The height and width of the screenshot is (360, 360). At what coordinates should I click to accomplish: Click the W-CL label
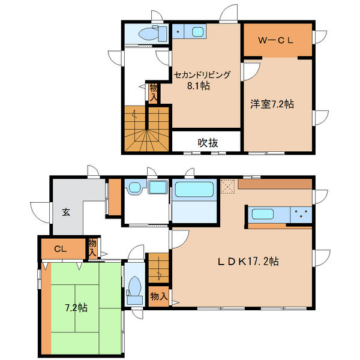[275, 40]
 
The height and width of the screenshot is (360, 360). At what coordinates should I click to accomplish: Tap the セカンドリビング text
[202, 75]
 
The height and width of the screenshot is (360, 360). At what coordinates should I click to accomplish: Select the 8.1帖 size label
[199, 86]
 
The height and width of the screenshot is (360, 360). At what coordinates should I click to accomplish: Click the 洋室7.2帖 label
[272, 104]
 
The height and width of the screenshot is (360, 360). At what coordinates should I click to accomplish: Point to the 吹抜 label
[208, 143]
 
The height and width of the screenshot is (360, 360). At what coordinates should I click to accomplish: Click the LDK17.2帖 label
[248, 261]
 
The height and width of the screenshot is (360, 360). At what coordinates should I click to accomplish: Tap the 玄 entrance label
[66, 212]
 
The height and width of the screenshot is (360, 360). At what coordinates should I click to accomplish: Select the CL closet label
[61, 248]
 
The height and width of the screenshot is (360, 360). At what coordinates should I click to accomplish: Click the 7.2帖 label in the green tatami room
[76, 308]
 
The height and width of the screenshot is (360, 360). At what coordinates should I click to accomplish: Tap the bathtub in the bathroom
[194, 190]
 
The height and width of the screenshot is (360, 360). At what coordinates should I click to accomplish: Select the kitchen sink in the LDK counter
[262, 214]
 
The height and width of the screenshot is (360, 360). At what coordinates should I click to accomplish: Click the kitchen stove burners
[301, 215]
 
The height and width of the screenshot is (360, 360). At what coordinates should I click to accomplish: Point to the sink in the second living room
[197, 32]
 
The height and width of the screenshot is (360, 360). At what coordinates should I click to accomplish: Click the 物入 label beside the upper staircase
[153, 93]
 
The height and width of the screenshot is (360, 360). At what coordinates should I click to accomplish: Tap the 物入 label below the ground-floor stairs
[158, 296]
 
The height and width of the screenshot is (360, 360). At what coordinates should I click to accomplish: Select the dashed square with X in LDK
[228, 187]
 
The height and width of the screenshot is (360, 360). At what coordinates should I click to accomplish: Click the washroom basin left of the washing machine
[134, 188]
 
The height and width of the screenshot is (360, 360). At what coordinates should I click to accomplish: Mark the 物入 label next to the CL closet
[92, 248]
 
